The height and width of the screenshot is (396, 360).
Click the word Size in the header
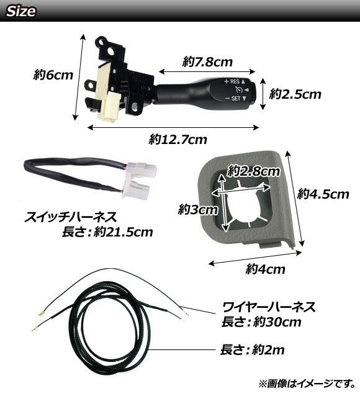[x=21, y=11]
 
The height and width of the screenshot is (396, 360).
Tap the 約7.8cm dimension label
[x=207, y=62]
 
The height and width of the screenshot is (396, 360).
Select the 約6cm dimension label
[x=53, y=75]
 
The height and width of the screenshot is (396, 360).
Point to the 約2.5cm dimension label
[x=295, y=94]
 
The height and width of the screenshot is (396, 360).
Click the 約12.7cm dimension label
[x=178, y=140]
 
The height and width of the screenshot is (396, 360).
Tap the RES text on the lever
[x=235, y=81]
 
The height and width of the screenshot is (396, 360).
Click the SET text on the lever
[x=236, y=98]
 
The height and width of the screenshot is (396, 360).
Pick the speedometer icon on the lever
[x=239, y=89]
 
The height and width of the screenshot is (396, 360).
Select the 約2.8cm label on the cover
[x=253, y=171]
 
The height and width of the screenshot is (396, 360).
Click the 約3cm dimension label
[x=197, y=210]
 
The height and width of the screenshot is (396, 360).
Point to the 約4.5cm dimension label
[x=323, y=194]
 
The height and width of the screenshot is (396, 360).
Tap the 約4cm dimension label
[x=265, y=269]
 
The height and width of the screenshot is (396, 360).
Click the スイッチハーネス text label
[x=71, y=217]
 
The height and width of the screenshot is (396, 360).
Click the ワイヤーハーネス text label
[x=269, y=307]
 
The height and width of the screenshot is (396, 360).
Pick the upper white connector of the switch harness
[x=142, y=169]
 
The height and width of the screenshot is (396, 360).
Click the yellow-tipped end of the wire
[x=41, y=314]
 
